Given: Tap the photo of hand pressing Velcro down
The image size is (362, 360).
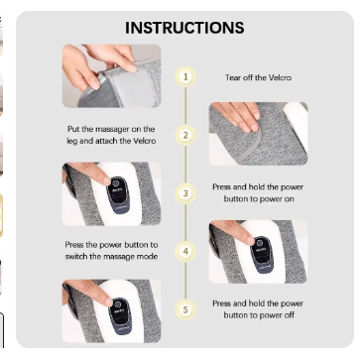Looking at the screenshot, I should click(x=258, y=134).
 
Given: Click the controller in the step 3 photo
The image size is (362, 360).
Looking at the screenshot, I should click(x=116, y=195).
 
